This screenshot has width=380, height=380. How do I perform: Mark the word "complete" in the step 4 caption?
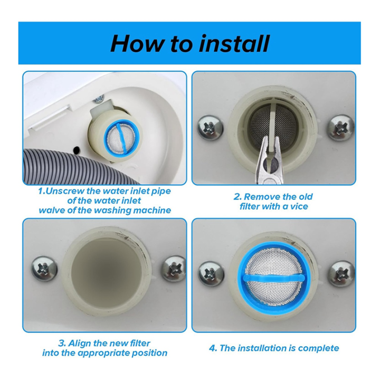click(x=318, y=348)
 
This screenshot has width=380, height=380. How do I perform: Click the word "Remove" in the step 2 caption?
click(x=268, y=197)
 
